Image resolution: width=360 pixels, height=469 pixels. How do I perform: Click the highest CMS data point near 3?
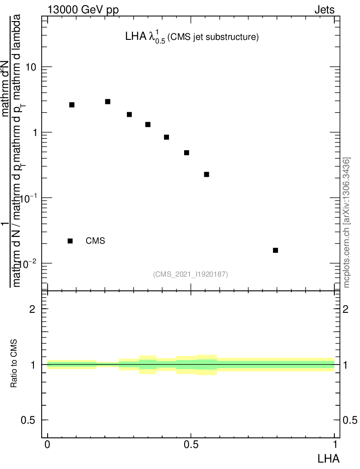[x=108, y=102]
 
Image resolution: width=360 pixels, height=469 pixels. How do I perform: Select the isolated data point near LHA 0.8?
[x=275, y=250]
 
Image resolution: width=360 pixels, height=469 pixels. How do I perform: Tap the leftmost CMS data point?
[x=72, y=105]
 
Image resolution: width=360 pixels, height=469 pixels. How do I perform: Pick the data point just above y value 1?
[x=148, y=125]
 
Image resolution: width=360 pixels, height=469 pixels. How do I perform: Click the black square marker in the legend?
[x=70, y=241]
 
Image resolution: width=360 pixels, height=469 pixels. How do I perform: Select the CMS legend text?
[x=95, y=241]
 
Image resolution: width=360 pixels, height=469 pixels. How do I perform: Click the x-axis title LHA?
[x=329, y=458]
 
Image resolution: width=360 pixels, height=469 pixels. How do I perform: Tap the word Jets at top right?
[x=324, y=10]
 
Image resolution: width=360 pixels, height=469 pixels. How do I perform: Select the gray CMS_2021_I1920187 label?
[x=191, y=274]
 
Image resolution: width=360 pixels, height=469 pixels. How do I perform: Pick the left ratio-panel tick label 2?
[x=32, y=309]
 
